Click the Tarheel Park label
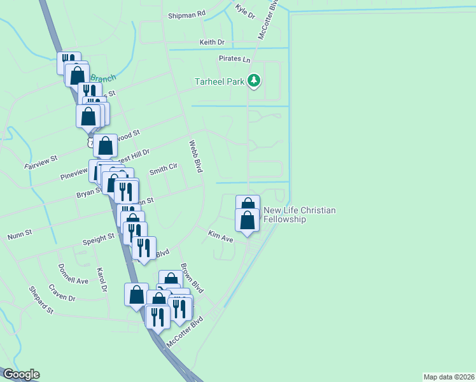[220, 81]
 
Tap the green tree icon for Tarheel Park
[255, 80]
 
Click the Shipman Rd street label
[186, 13]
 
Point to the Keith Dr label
[213, 42]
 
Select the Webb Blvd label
[196, 156]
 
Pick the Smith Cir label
[163, 169]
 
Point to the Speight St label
[98, 239]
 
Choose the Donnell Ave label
[73, 274]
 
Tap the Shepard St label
[41, 300]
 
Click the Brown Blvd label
[191, 278]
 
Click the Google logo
[21, 374]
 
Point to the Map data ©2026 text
[449, 377]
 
